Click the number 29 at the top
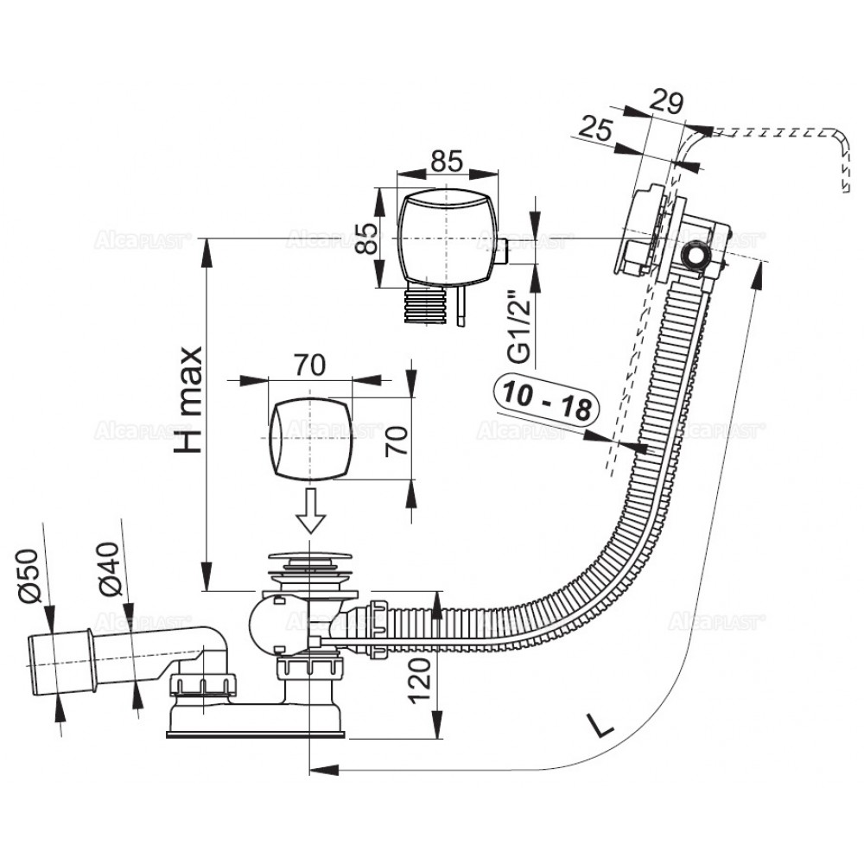[666, 102]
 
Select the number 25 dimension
[595, 130]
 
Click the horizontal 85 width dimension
[446, 162]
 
